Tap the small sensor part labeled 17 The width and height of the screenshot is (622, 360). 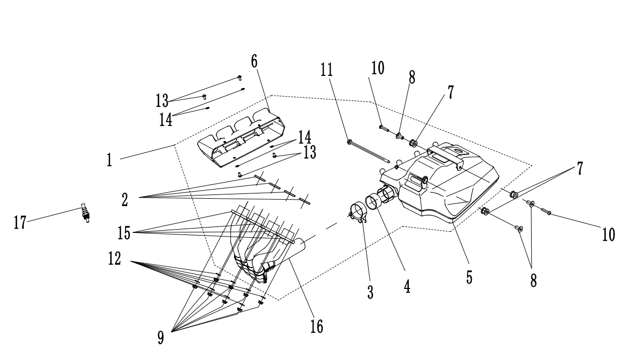[x=85, y=212]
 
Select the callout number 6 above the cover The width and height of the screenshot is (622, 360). [x=254, y=60]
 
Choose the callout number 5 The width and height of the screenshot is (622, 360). [x=468, y=277]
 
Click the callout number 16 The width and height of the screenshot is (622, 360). [x=316, y=326]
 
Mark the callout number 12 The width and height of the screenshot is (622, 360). [x=114, y=260]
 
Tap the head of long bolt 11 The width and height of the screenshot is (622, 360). [x=349, y=142]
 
